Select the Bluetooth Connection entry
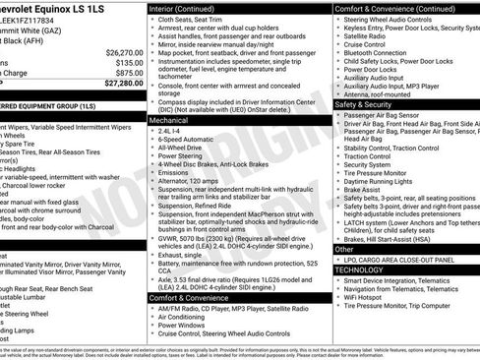(x=382, y=53)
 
